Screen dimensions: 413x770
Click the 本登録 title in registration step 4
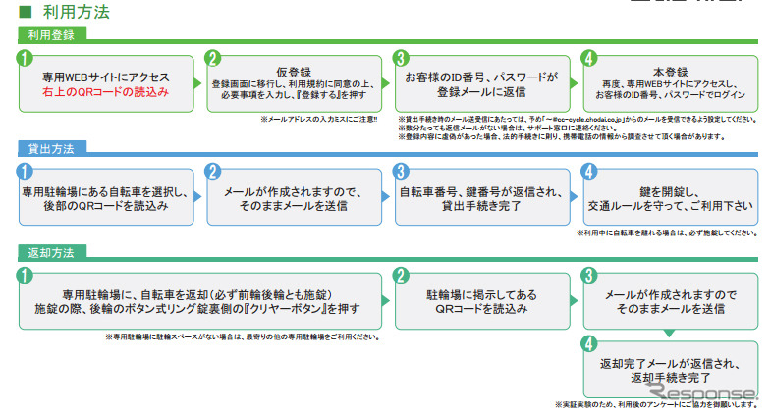click(670, 72)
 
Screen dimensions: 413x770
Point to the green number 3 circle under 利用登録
click(401, 58)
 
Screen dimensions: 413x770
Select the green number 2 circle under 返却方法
click(401, 275)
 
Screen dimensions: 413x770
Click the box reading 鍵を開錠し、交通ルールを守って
click(670, 195)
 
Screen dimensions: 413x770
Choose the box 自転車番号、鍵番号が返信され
click(481, 195)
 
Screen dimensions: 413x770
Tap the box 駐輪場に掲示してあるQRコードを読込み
click(481, 301)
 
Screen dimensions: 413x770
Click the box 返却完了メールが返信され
click(670, 369)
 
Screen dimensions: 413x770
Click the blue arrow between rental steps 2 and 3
click(385, 195)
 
